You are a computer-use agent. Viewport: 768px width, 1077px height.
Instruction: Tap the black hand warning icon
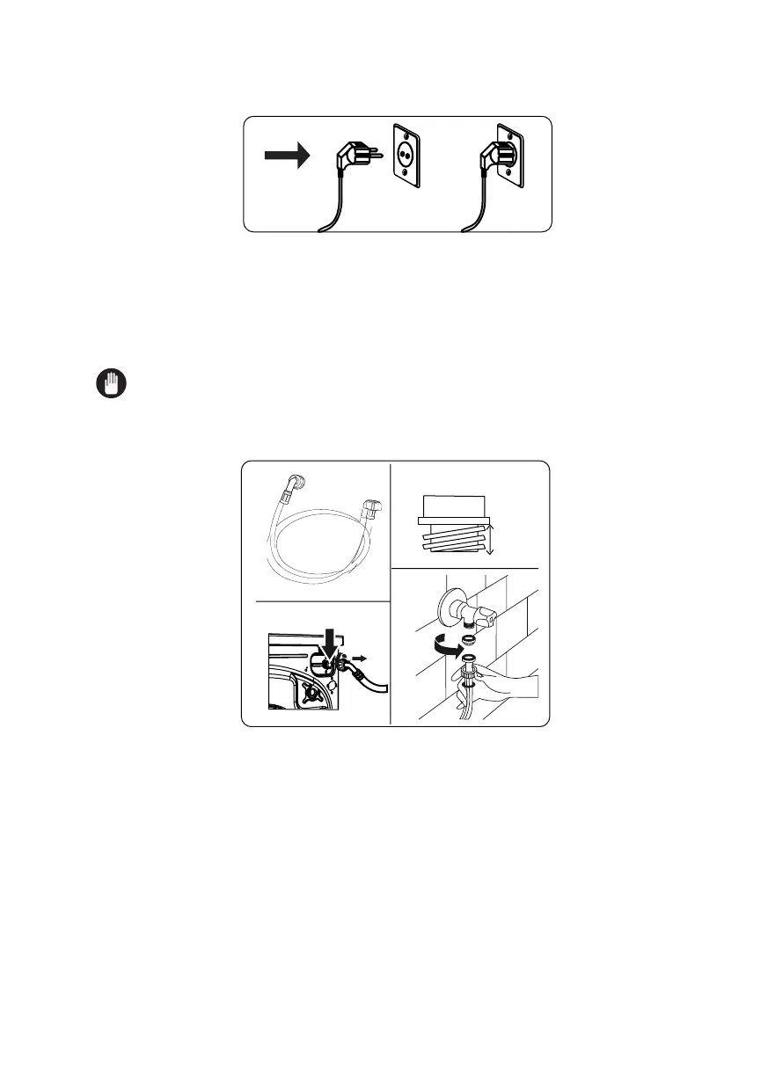tap(112, 384)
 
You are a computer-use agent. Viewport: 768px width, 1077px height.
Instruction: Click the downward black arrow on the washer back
tap(331, 637)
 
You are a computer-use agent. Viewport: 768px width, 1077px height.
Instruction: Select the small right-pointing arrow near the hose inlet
tap(362, 657)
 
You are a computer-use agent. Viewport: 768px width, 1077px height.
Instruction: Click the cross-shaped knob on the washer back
tap(310, 694)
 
